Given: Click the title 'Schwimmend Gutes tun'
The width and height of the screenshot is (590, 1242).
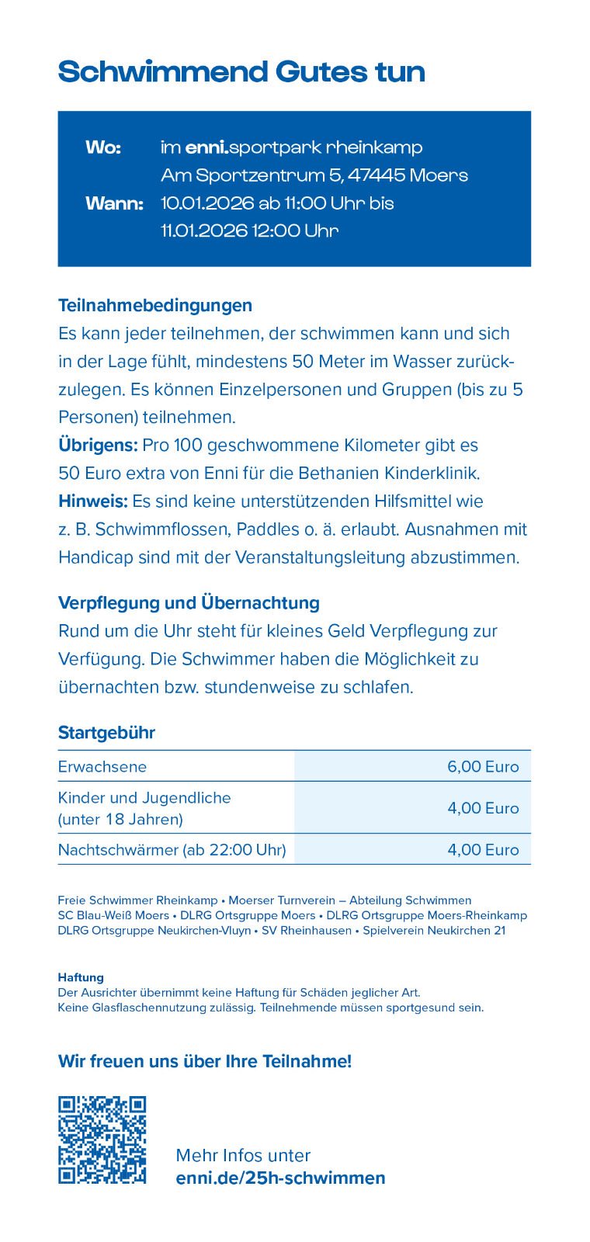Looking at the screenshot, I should pos(241,72).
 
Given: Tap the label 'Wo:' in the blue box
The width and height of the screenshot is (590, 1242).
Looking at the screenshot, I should pos(103,147).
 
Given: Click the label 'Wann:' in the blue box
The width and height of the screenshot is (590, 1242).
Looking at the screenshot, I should pos(114,203).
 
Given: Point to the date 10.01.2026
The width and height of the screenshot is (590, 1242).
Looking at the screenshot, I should pos(207,203).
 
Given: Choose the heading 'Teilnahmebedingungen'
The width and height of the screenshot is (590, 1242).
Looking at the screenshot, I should pos(155,305).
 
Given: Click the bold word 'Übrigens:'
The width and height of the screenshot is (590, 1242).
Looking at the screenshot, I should pos(98,445).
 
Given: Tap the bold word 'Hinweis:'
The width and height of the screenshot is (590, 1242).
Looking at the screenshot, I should pos(93,501).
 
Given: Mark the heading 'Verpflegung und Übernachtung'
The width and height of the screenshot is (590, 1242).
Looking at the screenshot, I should pos(189,602).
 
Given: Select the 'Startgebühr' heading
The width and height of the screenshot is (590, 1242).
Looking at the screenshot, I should pos(106,732).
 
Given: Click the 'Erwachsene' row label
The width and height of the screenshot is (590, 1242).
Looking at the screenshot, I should pos(102,766).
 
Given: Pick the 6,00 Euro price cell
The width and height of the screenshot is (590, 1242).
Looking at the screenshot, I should pos(483,766).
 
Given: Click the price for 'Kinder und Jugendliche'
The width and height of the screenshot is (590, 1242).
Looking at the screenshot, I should pos(483,807).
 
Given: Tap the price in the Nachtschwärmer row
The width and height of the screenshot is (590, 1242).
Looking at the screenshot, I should pos(483,849).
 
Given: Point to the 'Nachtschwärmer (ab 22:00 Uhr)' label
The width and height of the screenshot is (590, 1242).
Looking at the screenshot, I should pos(172,849).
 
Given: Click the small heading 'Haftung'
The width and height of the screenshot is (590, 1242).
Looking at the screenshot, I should pos(81,977).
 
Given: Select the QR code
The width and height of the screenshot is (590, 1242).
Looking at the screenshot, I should pos(102,1140).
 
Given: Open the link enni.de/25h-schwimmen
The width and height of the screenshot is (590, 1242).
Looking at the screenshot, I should pos(280,1178).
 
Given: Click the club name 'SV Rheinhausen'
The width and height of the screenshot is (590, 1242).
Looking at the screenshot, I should pos(307,930).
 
